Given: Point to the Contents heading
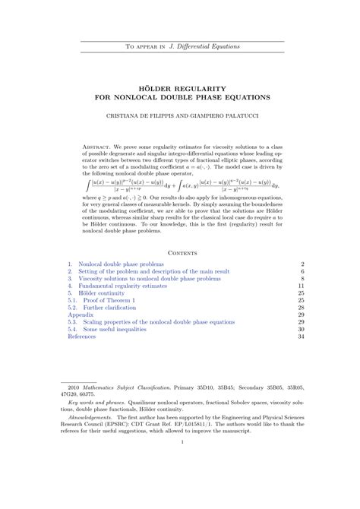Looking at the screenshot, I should point(179,251).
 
